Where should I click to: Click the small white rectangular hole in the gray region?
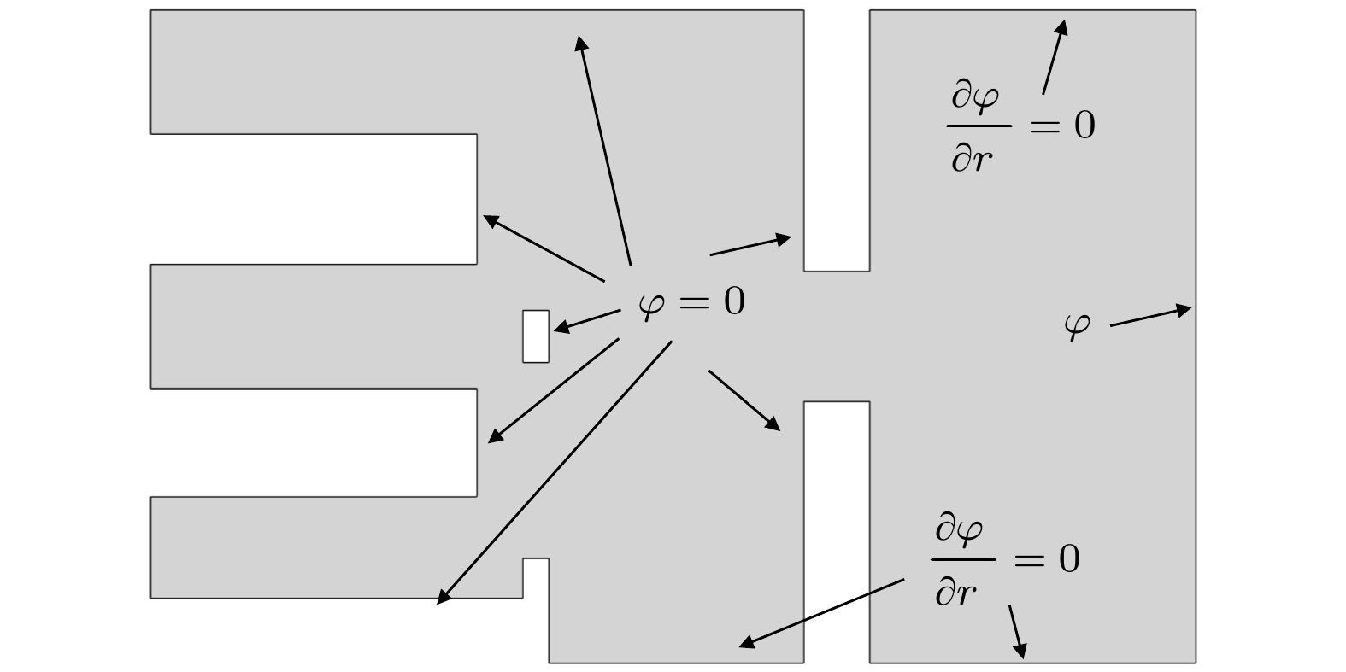click(x=536, y=336)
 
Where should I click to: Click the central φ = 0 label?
click(x=692, y=302)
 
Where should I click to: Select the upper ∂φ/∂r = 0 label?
click(x=1022, y=126)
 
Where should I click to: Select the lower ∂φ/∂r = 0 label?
click(x=1007, y=560)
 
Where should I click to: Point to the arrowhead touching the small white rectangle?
click(x=560, y=328)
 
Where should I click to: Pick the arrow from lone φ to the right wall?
click(x=1149, y=317)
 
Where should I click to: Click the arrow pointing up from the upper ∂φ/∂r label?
click(x=1055, y=56)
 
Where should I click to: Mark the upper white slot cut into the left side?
click(x=313, y=199)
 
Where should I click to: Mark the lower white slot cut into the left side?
click(x=313, y=442)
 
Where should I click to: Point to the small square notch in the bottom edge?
click(x=536, y=577)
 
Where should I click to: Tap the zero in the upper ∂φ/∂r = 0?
click(x=1084, y=126)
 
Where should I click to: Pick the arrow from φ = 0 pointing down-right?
click(x=744, y=400)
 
